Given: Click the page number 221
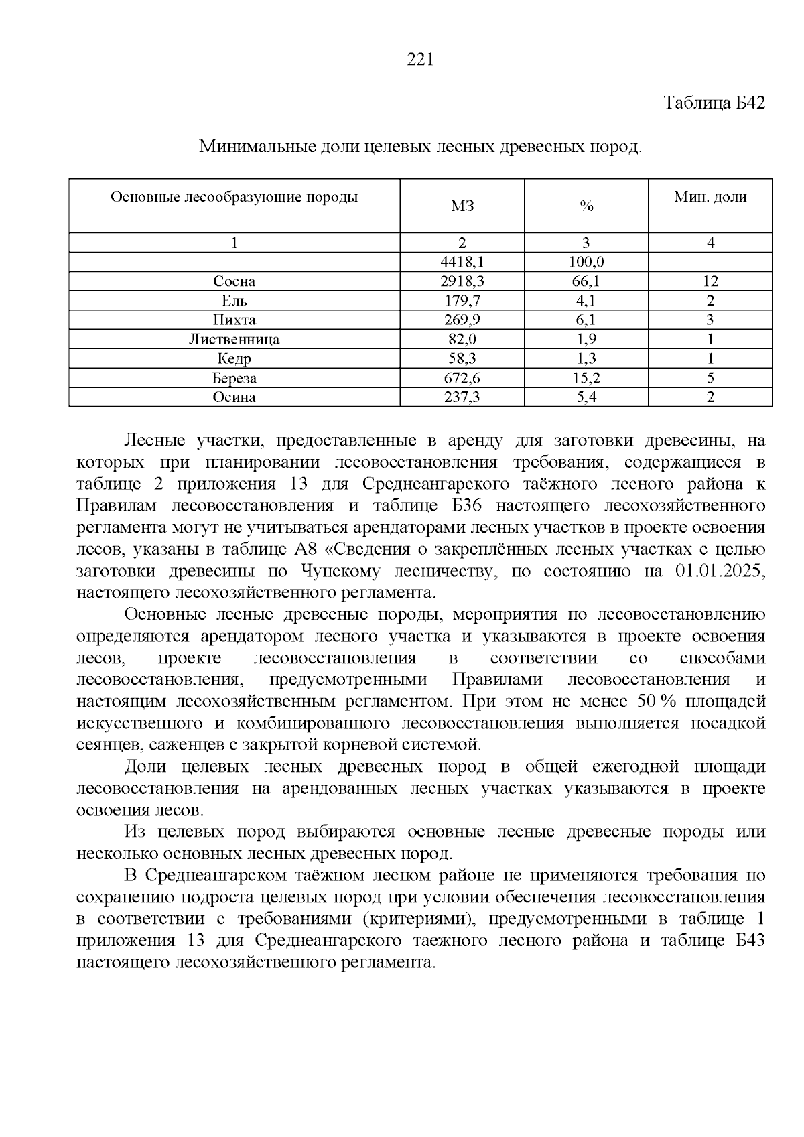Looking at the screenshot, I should click(421, 60).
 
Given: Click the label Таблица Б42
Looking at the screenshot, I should click(714, 103).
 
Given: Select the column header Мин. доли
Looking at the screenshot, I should click(710, 197).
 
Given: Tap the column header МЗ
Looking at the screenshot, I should click(462, 206).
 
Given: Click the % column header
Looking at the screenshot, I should click(586, 206).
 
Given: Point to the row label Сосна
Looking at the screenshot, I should click(234, 281).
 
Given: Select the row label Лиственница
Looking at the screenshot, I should click(234, 339).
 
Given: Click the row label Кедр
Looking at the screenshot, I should click(234, 358).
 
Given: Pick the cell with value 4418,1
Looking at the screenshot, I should click(462, 262).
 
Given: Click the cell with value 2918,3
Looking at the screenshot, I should click(462, 281).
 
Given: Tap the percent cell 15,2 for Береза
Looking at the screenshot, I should click(586, 378).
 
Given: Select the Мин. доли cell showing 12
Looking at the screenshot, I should click(710, 281).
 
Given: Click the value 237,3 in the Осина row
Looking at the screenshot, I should click(462, 397).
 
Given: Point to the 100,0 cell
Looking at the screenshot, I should click(586, 262).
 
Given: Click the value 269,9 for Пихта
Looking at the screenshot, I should click(462, 320).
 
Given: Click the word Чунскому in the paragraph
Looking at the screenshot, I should click(341, 572).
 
